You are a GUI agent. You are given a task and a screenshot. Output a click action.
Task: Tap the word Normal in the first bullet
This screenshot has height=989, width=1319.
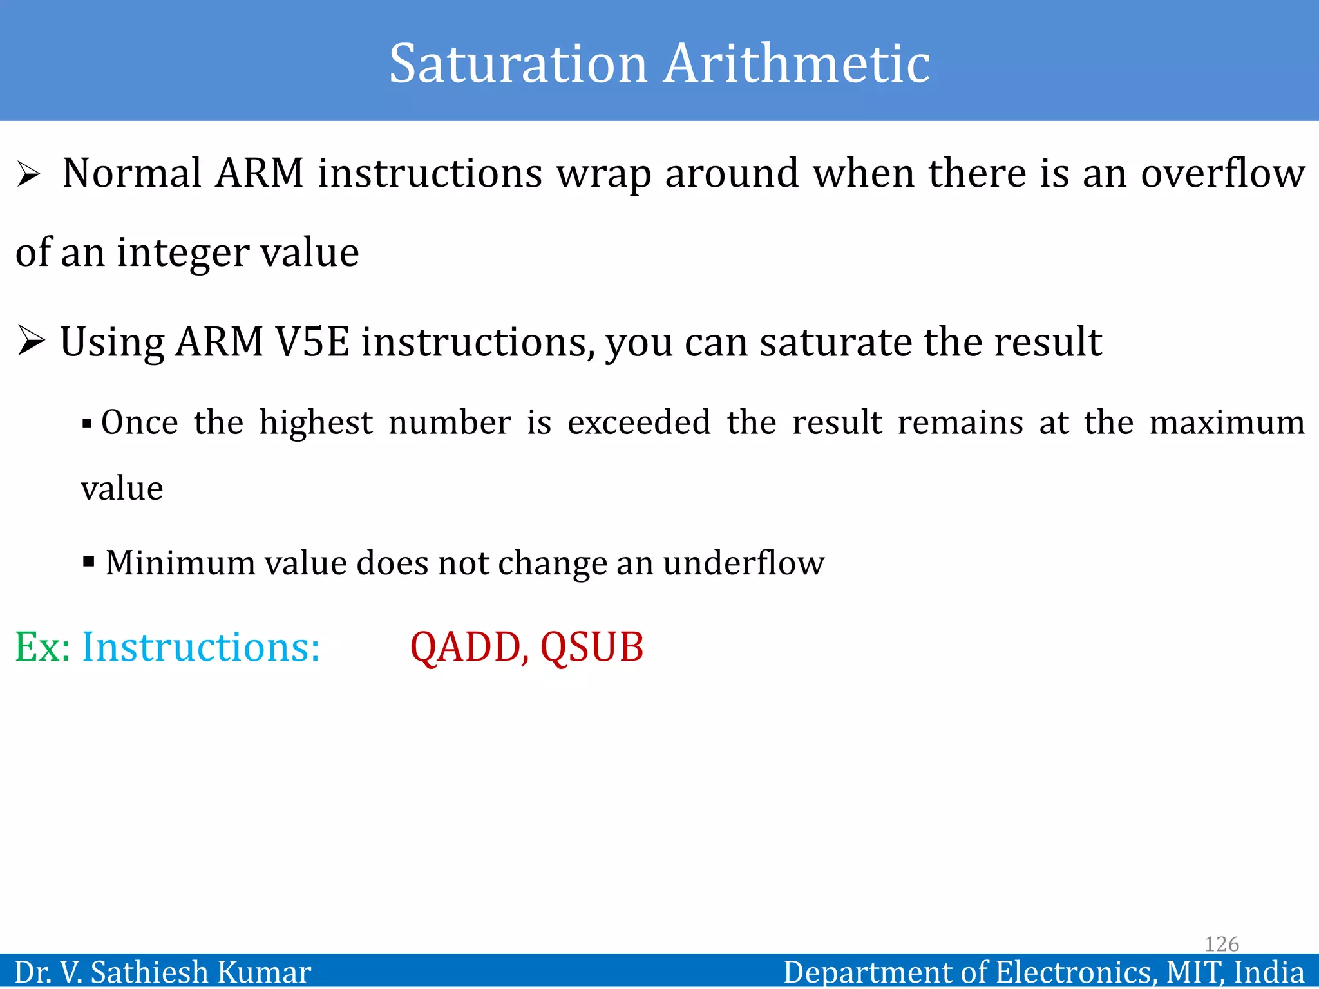click(x=132, y=173)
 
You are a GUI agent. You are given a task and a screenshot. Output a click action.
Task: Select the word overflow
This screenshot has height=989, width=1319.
click(x=1222, y=173)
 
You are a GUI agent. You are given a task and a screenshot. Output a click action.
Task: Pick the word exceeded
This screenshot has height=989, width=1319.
click(x=639, y=423)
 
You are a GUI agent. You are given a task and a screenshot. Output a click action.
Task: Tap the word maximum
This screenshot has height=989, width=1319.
click(x=1227, y=423)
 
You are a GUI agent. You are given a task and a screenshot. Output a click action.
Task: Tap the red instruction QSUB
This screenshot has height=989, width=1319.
click(x=592, y=648)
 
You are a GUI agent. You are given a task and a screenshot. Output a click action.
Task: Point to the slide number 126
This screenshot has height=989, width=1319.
click(x=1221, y=944)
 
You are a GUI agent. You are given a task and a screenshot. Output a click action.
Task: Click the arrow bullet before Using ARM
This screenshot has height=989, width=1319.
click(x=31, y=341)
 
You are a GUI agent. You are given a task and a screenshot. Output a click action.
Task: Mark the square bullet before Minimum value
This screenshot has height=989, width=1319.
click(x=89, y=561)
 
